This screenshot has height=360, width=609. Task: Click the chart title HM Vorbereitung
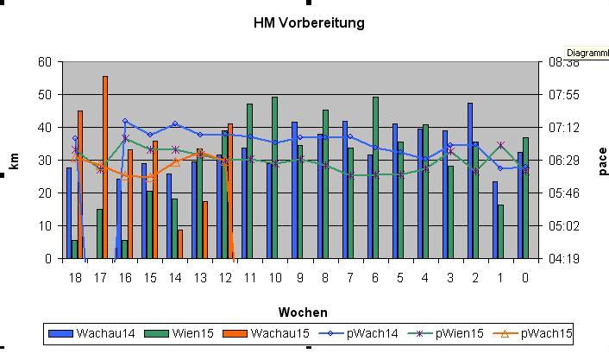[308, 23]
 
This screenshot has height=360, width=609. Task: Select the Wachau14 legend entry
[95, 333]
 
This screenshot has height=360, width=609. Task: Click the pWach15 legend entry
[549, 333]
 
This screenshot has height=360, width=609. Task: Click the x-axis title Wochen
[303, 313]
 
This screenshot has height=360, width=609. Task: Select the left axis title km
[14, 161]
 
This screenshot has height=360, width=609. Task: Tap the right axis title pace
[602, 161]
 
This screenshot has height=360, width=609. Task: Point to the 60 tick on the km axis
[44, 62]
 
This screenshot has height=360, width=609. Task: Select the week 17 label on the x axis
[100, 278]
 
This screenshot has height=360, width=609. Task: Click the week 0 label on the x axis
[525, 278]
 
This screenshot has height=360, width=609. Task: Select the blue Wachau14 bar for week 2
[470, 181]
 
